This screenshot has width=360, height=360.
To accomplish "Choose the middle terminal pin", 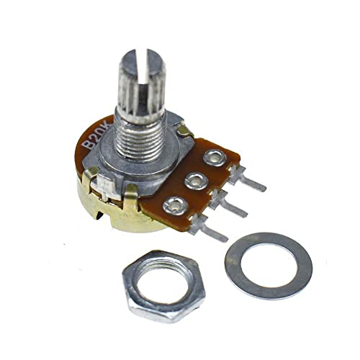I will pyautogui.click(x=233, y=207).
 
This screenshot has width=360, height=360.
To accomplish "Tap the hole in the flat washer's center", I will pyautogui.click(x=268, y=264).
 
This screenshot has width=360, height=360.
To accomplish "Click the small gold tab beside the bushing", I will pyautogui.click(x=185, y=130).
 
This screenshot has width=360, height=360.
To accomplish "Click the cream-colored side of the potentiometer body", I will pyautogui.click(x=101, y=216).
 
